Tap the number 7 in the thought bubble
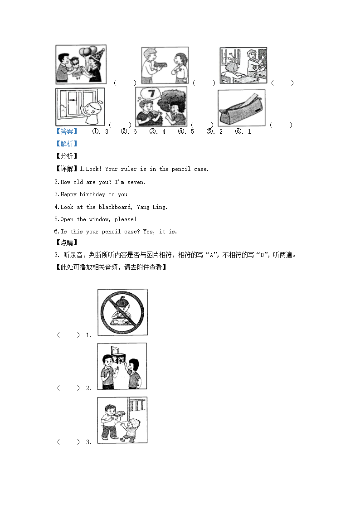pos(151,93)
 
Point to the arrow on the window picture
pos(73,100)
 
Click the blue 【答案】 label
pos(67,131)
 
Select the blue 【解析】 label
pos(67,144)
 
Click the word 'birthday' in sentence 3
pos(92,194)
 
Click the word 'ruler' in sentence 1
pos(129,169)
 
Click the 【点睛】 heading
pos(67,242)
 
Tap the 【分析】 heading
pos(67,156)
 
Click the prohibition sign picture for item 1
pos(122,312)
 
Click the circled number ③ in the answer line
pos(153,131)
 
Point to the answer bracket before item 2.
pos(68,388)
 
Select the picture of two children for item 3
pos(122,420)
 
